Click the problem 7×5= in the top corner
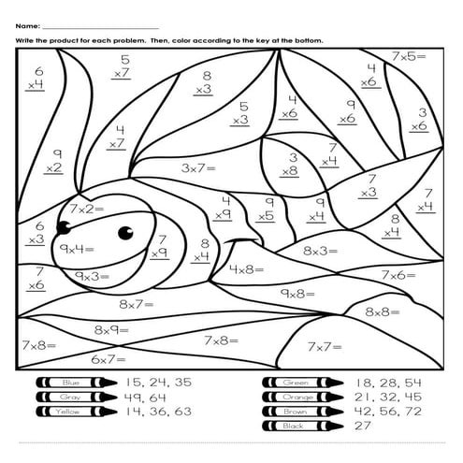point(408,57)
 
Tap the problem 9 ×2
point(54,161)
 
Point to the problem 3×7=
point(197,168)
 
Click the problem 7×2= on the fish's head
point(87,208)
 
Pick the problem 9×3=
point(93,277)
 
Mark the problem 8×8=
point(383,311)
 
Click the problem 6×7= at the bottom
point(109,359)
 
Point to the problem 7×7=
point(326,346)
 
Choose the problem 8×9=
point(112,330)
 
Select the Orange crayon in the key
point(300,397)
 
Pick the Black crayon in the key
point(300,426)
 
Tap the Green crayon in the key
point(300,383)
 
